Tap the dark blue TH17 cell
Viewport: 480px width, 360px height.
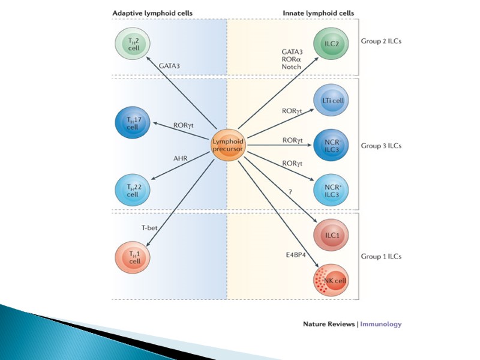(132, 124)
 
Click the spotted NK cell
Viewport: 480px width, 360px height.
(331, 280)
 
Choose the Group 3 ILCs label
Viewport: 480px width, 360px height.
(381, 145)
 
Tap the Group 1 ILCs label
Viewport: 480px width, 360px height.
(381, 257)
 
